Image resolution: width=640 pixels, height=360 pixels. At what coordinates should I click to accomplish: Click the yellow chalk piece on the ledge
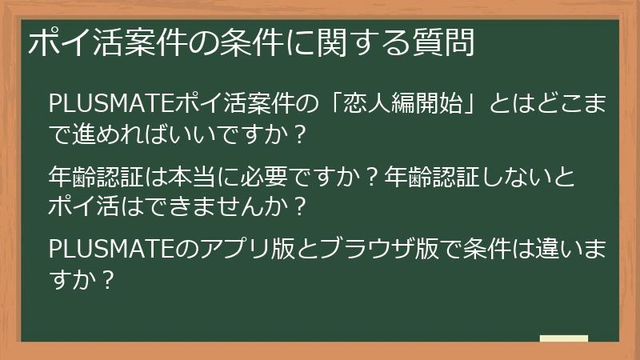(563, 339)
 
